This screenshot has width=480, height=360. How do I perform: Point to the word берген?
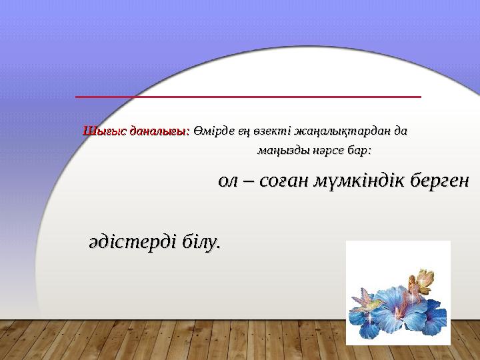pos(439,181)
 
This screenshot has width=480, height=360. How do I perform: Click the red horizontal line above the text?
pos(248,97)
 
